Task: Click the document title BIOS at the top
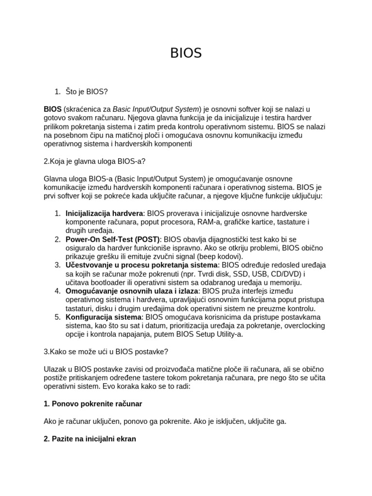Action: (x=186, y=53)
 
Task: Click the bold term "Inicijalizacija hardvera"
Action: (x=104, y=213)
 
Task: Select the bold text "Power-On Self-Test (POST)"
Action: (x=112, y=239)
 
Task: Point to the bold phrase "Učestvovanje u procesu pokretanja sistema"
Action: (x=142, y=265)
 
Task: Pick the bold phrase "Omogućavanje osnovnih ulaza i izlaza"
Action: (x=132, y=291)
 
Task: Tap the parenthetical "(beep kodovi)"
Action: (x=220, y=256)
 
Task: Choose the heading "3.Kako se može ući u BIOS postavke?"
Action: (x=106, y=352)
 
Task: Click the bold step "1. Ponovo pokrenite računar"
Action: (x=93, y=404)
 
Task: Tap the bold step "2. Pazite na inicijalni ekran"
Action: (x=90, y=439)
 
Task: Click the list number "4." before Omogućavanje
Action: (x=57, y=291)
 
